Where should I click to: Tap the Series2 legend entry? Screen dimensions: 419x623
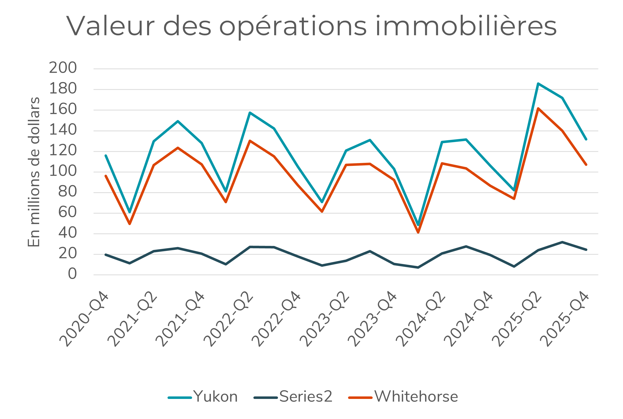pos(293,397)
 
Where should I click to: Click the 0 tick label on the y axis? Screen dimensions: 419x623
pos(72,274)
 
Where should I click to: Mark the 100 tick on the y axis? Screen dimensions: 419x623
pos(63,171)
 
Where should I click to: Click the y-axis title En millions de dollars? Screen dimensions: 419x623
pos(34,172)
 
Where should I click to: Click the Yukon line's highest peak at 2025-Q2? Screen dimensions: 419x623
pos(538,84)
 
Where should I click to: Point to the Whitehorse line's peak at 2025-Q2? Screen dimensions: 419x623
pos(538,108)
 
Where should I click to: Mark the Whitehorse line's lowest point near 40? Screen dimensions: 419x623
pos(418,233)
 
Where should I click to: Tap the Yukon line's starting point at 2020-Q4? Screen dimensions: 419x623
pos(106,156)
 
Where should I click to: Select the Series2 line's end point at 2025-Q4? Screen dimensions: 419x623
pos(586,250)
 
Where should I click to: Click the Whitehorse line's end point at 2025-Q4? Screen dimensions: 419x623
pos(586,165)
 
